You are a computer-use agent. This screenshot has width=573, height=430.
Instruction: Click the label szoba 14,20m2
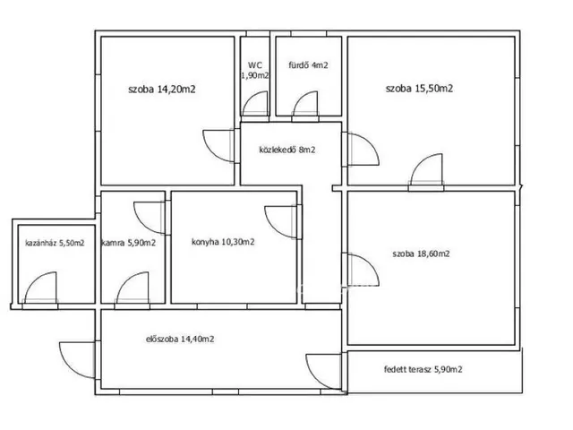(162, 90)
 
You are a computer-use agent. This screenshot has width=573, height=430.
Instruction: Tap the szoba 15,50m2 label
(419, 89)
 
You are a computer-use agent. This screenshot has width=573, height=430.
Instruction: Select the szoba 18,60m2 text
(421, 254)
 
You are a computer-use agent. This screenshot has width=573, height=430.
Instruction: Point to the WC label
(255, 65)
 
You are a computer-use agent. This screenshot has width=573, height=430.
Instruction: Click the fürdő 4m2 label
(308, 65)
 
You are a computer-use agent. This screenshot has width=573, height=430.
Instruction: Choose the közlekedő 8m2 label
(287, 150)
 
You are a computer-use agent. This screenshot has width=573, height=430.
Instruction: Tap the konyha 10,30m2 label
(223, 242)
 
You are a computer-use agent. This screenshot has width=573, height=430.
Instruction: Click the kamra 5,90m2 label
(129, 243)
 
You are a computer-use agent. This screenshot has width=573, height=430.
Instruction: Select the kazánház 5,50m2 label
(55, 243)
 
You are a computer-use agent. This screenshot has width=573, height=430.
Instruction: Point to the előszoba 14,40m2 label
(180, 339)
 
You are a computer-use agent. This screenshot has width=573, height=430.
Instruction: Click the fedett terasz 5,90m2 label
(423, 369)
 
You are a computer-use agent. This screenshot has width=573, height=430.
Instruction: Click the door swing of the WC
(256, 104)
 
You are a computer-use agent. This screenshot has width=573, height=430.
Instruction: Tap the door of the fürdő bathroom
(305, 104)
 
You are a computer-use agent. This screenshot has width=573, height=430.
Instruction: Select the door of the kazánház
(40, 288)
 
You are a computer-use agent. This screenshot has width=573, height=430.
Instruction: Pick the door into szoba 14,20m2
(218, 146)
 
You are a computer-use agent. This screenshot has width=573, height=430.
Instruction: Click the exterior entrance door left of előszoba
(78, 360)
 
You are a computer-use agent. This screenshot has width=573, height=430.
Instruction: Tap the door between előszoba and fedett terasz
(324, 372)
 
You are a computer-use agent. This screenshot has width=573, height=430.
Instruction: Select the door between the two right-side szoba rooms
(426, 170)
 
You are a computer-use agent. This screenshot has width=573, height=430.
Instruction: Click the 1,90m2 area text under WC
(255, 75)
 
